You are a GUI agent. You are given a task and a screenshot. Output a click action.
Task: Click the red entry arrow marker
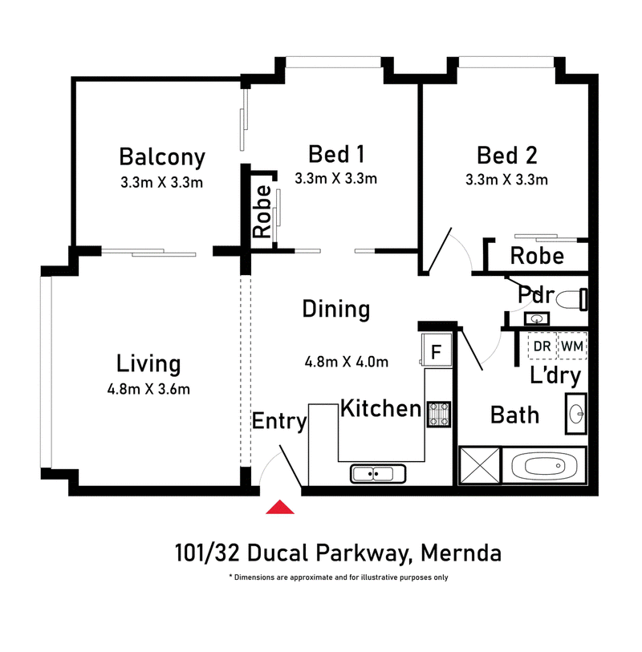(280, 507)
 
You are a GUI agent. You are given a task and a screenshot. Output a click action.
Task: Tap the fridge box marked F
(436, 350)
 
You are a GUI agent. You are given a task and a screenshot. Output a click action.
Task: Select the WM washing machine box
(572, 346)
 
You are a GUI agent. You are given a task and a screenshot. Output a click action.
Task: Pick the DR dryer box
(542, 346)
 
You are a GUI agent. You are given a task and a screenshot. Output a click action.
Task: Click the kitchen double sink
(378, 474)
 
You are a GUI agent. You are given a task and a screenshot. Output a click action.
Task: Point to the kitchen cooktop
(438, 414)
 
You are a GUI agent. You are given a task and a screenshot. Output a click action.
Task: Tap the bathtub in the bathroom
(544, 465)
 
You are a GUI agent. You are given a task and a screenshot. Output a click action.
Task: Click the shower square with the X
(479, 465)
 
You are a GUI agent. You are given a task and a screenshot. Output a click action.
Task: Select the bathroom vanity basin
(576, 414)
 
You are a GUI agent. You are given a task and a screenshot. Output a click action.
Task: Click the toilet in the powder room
(572, 299)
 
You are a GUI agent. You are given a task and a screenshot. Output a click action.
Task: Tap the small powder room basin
(537, 319)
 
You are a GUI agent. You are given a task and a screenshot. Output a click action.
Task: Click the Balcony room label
(162, 156)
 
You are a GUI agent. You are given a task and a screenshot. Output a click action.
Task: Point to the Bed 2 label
(506, 155)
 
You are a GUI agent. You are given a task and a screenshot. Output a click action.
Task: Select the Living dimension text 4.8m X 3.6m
(148, 389)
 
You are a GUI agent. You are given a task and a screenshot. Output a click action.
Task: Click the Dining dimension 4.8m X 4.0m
(347, 362)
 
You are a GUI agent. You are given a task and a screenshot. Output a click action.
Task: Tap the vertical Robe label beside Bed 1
(262, 212)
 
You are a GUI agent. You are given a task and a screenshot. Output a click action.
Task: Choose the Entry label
(279, 422)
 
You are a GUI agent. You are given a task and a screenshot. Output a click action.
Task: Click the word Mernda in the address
(461, 553)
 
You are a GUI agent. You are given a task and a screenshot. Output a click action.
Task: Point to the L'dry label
(555, 375)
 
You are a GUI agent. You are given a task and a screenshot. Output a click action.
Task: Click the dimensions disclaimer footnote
(339, 577)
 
